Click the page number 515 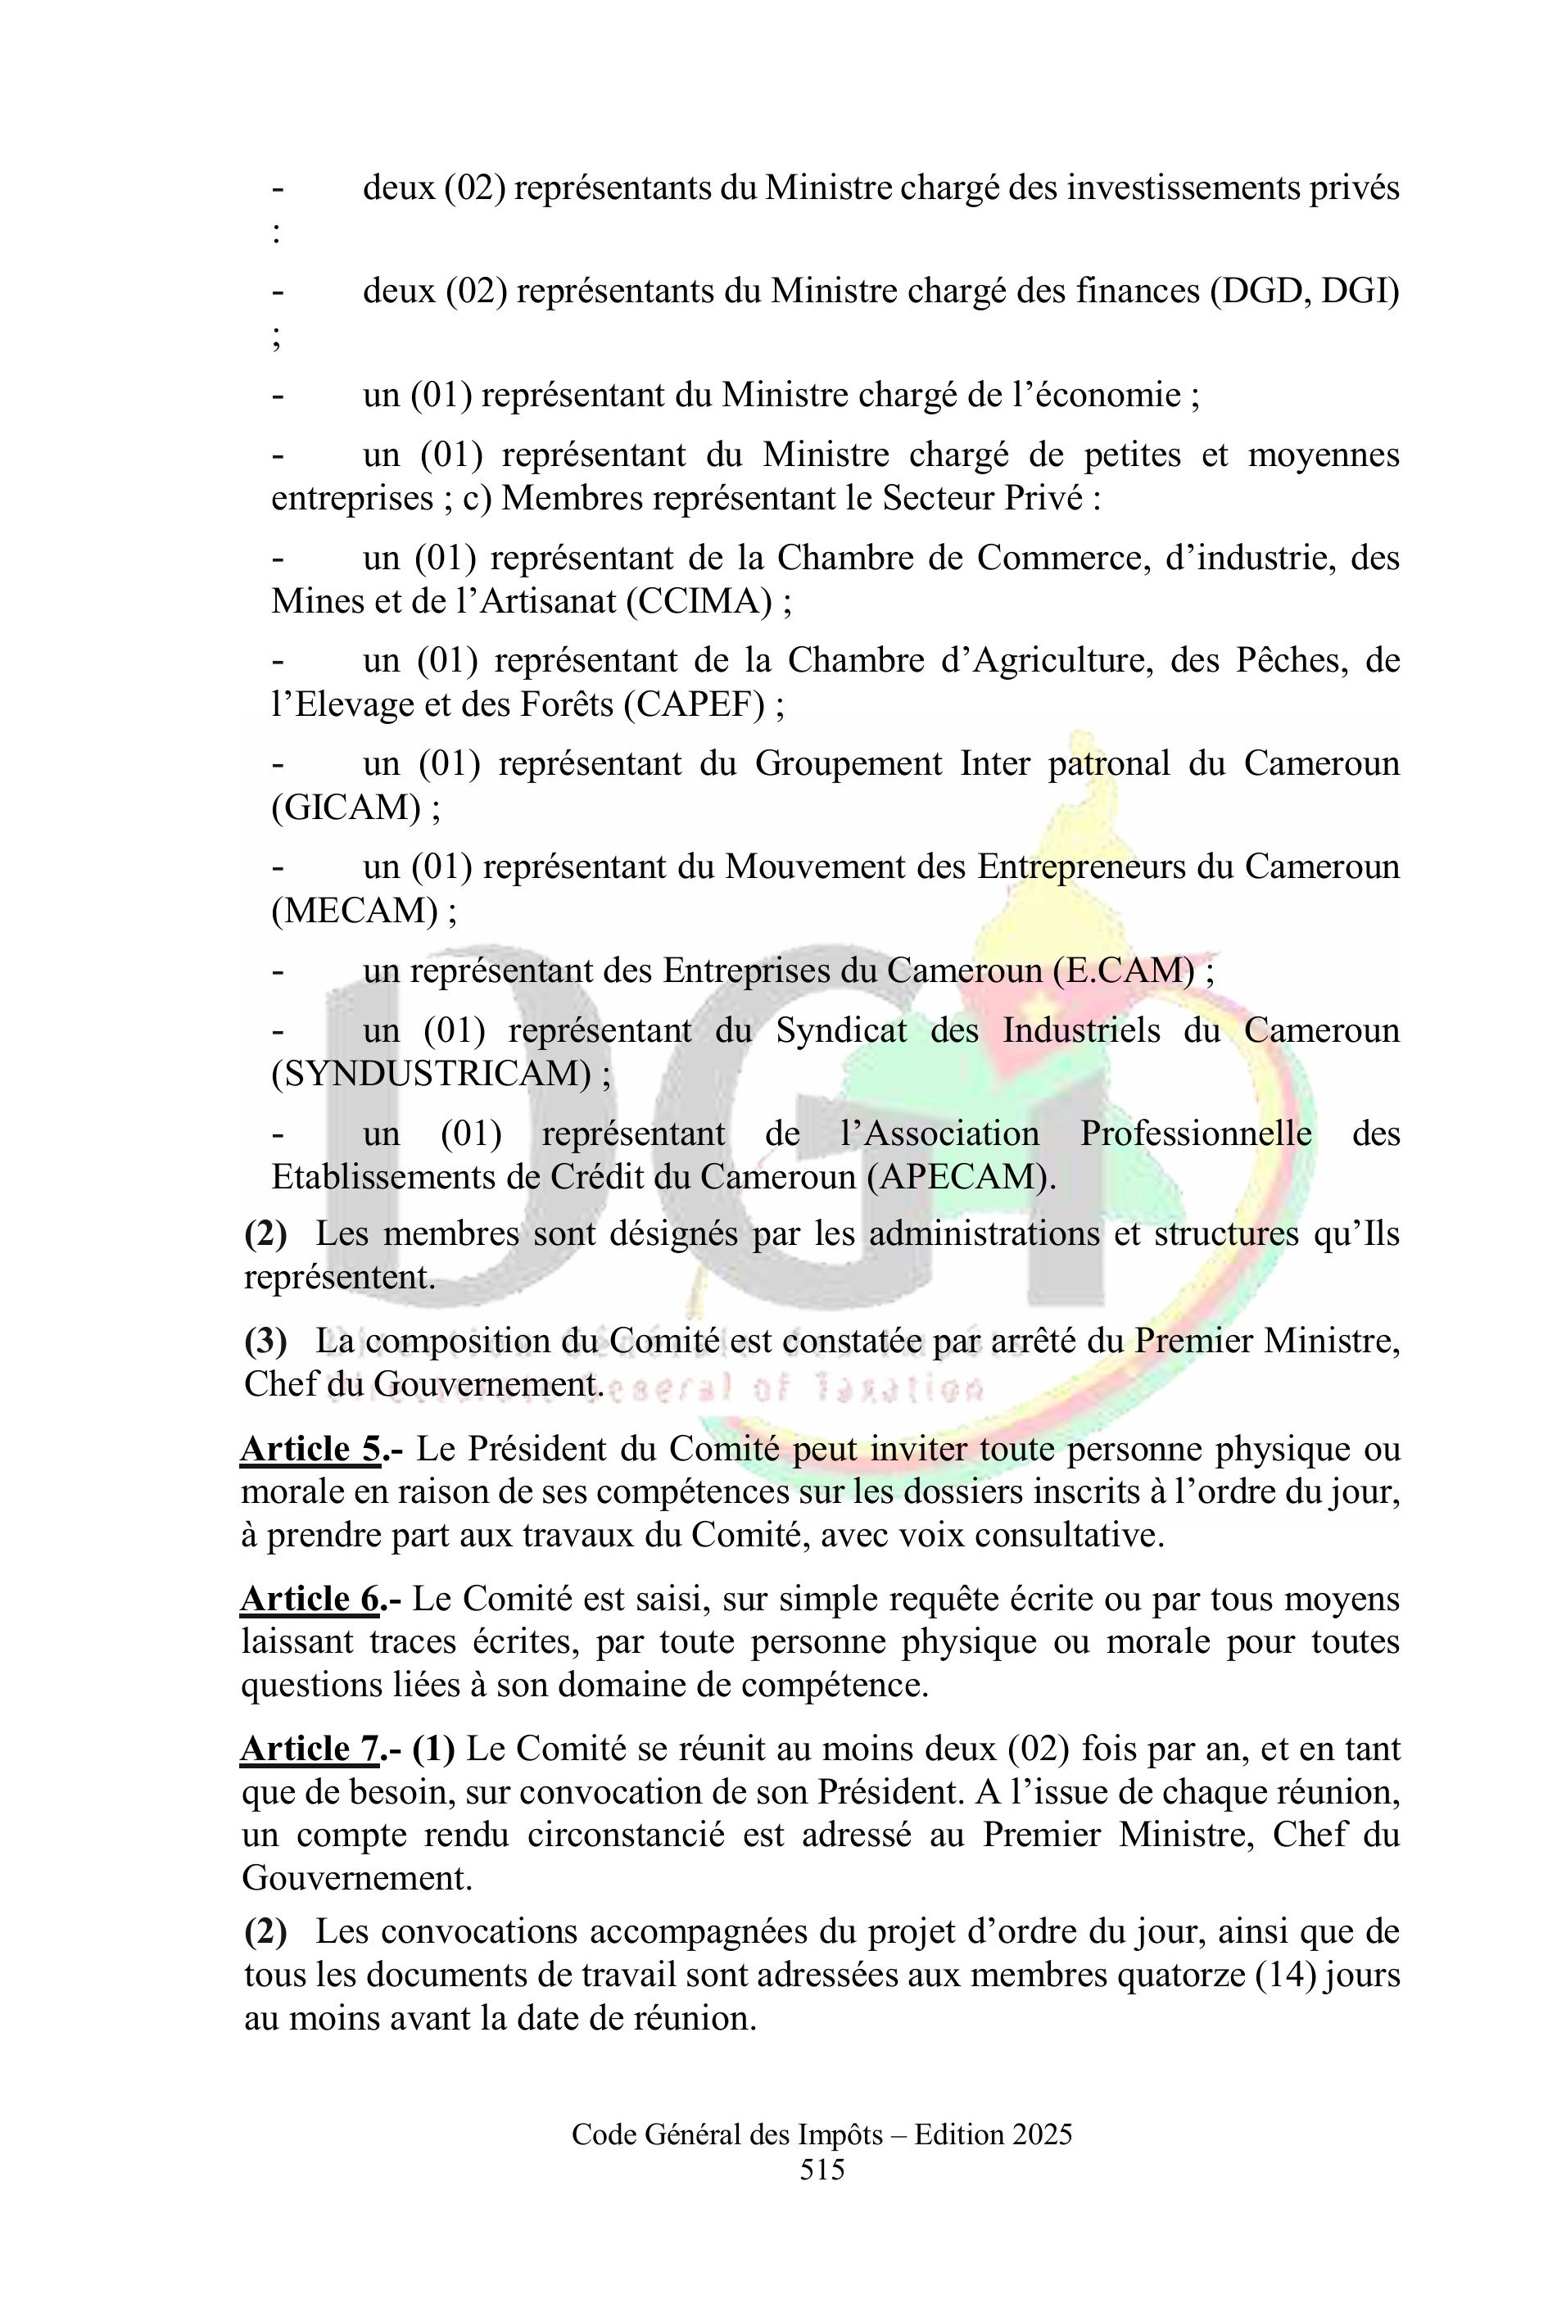click(x=822, y=2169)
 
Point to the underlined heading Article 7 click(x=310, y=1749)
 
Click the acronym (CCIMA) click(x=699, y=601)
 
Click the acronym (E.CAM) click(x=1125, y=971)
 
